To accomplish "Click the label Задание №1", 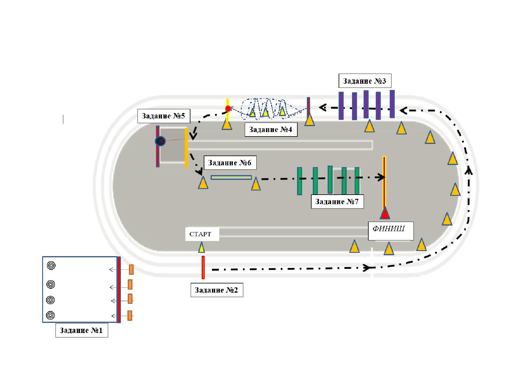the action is [82, 330].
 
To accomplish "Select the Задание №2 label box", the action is [217, 290].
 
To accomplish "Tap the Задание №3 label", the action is [365, 81].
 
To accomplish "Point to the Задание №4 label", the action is [271, 129].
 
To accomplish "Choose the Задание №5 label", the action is [164, 116].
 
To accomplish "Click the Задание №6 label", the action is [230, 163].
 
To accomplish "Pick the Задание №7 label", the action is [337, 202].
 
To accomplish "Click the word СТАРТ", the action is [200, 234].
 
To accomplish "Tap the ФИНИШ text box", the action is [391, 231].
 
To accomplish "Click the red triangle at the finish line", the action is [385, 213].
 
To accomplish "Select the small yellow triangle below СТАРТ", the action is [202, 247].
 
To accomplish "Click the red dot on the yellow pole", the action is [228, 109].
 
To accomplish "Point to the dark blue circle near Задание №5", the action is [160, 141].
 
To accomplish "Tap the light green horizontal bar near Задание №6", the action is [231, 177].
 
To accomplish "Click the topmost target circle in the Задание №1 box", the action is [51, 265].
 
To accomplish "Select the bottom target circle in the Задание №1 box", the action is [50, 315].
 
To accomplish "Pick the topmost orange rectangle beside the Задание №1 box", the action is [131, 269].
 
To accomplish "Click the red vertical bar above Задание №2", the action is [203, 267].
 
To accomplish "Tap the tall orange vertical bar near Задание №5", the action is [186, 148].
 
